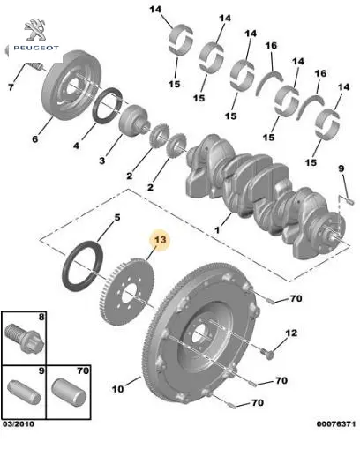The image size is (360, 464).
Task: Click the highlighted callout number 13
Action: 161,240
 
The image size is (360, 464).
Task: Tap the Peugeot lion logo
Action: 35,30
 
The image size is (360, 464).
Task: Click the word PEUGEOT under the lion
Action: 36,48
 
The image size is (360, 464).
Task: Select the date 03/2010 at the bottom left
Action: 19,423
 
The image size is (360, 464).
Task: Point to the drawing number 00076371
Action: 336,423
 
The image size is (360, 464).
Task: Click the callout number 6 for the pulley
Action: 35,138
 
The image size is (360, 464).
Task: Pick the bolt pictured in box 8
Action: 25,338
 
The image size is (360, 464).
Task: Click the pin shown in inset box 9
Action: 24,393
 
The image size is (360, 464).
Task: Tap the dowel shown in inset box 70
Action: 69,393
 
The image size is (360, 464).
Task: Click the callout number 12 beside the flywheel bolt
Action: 291,333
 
